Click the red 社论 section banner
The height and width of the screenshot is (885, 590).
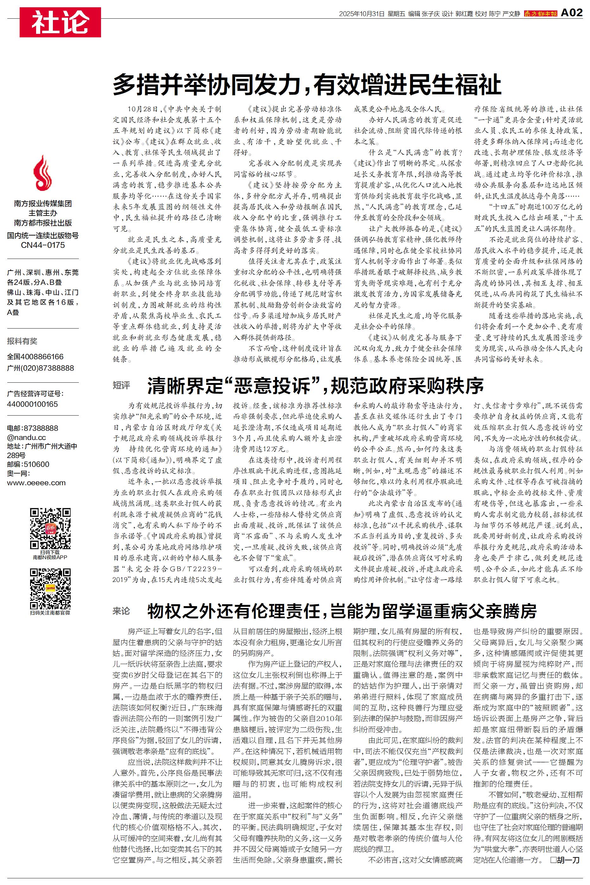point(60,22)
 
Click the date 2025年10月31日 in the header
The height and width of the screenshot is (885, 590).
point(362,14)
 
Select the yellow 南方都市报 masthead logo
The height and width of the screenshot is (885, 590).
point(540,14)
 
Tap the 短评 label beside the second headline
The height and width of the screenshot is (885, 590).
point(121,385)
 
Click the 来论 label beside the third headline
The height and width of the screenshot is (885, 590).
point(121,611)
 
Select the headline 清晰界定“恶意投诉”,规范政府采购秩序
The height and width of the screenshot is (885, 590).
point(315,385)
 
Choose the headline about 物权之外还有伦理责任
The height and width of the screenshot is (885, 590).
point(342,611)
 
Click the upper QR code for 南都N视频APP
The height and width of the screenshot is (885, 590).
point(50,528)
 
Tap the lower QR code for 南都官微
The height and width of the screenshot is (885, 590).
point(50,588)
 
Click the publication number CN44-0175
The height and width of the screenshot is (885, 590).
point(43,245)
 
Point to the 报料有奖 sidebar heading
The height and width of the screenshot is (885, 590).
point(22,341)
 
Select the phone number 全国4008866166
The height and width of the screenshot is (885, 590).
point(35,356)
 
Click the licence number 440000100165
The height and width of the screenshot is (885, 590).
point(32,404)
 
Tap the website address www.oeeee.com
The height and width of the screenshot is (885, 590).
point(36,483)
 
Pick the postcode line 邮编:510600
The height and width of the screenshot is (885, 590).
point(28,464)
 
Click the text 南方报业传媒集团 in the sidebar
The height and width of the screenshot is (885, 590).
point(43,204)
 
